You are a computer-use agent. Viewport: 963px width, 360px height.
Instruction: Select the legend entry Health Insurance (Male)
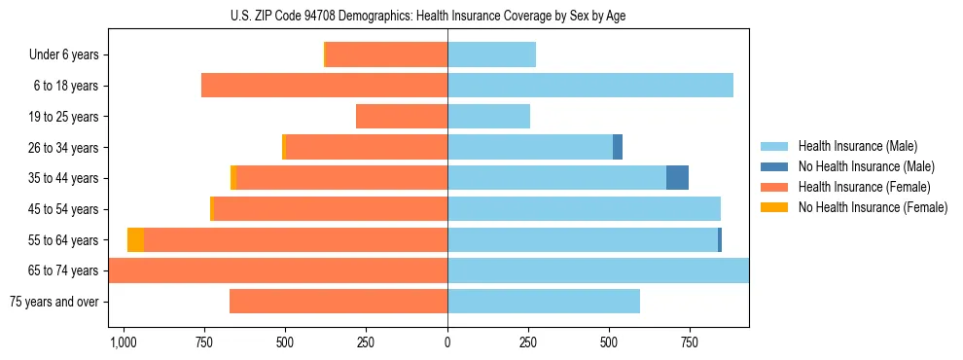pyautogui.click(x=857, y=146)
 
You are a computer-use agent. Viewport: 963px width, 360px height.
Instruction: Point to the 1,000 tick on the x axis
pyautogui.click(x=123, y=342)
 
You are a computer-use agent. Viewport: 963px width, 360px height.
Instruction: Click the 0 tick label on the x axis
pyautogui.click(x=447, y=342)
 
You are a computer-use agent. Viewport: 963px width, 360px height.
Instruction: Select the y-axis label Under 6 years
pyautogui.click(x=63, y=55)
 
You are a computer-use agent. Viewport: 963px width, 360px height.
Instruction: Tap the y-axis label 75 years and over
pyautogui.click(x=53, y=302)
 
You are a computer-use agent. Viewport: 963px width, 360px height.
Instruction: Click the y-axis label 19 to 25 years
pyautogui.click(x=62, y=117)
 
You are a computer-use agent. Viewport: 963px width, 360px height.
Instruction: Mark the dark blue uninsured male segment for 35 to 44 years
pyautogui.click(x=677, y=178)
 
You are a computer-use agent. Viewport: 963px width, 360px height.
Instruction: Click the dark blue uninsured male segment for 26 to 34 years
pyautogui.click(x=618, y=147)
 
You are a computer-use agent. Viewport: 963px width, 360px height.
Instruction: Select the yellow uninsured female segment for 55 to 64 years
pyautogui.click(x=135, y=239)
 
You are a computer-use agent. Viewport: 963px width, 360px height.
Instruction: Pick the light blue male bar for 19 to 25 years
pyautogui.click(x=488, y=117)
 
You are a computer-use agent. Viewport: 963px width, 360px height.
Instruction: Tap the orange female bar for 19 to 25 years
pyautogui.click(x=402, y=117)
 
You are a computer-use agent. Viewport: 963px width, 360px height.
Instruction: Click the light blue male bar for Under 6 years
pyautogui.click(x=491, y=55)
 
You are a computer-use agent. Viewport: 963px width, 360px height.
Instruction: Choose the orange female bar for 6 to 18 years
pyautogui.click(x=324, y=86)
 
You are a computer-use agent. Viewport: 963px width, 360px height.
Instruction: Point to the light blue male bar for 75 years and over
pyautogui.click(x=544, y=302)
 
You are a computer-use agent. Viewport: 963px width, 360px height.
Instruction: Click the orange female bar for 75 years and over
pyautogui.click(x=339, y=302)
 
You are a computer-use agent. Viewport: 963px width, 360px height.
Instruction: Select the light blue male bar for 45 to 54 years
pyautogui.click(x=584, y=209)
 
